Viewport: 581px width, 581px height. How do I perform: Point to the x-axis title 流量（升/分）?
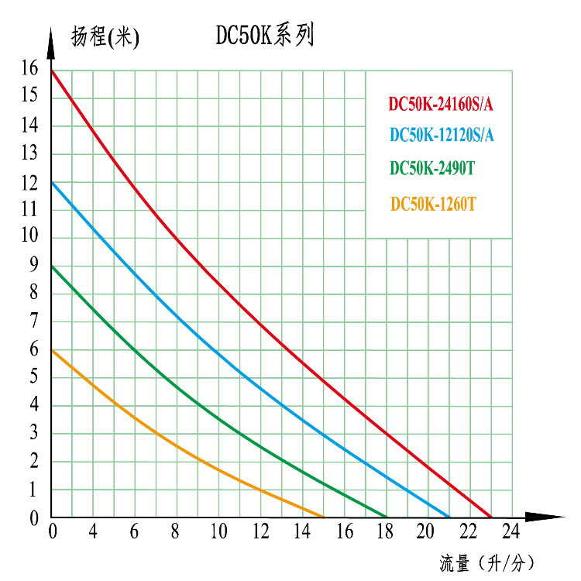pyautogui.click(x=486, y=562)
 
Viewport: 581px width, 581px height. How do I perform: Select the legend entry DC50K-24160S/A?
pyautogui.click(x=441, y=104)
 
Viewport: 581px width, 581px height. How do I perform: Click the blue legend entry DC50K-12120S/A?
pyautogui.click(x=442, y=135)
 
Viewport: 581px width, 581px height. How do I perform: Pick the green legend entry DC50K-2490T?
pyautogui.click(x=432, y=168)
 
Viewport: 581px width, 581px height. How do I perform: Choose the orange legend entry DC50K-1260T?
pyautogui.click(x=433, y=205)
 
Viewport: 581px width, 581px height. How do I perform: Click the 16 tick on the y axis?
pyautogui.click(x=29, y=68)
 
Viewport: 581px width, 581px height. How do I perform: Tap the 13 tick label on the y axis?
pyautogui.click(x=29, y=153)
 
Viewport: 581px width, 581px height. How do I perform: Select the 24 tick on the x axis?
pyautogui.click(x=511, y=531)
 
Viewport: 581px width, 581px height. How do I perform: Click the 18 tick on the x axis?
pyautogui.click(x=386, y=531)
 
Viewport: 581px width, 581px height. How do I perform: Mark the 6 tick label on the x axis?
pyautogui.click(x=135, y=531)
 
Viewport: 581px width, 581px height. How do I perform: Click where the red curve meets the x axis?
pyautogui.click(x=490, y=517)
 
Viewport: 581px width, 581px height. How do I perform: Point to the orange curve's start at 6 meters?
pyautogui.click(x=52, y=349)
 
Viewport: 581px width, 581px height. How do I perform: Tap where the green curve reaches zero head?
pyautogui.click(x=386, y=517)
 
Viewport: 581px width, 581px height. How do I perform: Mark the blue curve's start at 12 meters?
pyautogui.click(x=52, y=182)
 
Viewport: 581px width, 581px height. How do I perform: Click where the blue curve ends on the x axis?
pyautogui.click(x=449, y=517)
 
